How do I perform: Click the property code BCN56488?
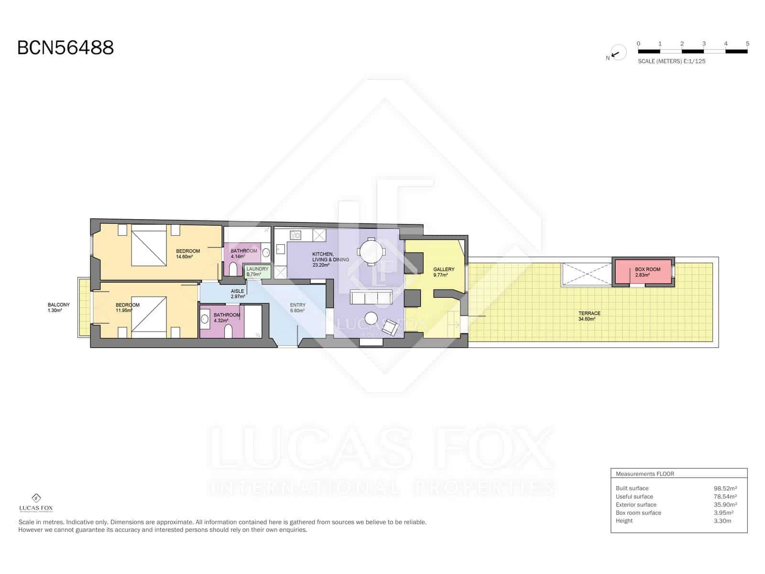65,47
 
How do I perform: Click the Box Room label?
647,272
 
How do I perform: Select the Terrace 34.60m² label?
589,316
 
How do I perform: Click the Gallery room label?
443,272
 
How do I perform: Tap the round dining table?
372,251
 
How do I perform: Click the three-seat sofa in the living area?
371,298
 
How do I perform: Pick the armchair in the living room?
390,327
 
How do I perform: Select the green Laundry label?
257,272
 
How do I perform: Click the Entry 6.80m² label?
297,308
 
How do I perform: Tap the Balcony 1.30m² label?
58,307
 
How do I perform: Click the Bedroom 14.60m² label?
187,254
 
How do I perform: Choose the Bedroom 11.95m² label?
128,308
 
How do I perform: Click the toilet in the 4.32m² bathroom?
228,332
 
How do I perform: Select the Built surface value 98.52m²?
725,488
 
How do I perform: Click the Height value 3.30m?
722,521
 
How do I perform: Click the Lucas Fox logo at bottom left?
36,503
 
